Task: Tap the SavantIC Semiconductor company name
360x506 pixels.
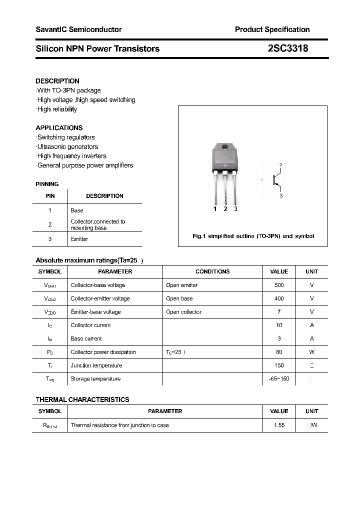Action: pos(78,29)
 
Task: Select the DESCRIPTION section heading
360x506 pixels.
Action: pos(57,81)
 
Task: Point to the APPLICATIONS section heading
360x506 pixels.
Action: pos(59,128)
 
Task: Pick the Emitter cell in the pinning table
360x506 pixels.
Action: pos(79,239)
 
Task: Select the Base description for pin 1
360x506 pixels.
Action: pos(77,210)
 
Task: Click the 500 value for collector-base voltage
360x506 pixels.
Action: pos(279,285)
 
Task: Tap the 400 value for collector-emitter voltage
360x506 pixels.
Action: pos(279,298)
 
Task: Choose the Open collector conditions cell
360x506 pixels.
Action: pos(183,312)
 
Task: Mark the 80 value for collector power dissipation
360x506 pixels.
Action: pos(279,352)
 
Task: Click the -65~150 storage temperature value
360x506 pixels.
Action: pos(279,379)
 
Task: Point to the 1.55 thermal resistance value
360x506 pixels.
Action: pos(279,425)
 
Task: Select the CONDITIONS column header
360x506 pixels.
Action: pos(212,271)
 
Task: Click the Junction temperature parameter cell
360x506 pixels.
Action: pos(96,365)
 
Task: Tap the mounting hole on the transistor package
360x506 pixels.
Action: pos(225,147)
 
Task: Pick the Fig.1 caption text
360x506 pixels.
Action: pos(253,236)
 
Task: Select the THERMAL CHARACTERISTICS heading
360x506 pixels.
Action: pos(82,399)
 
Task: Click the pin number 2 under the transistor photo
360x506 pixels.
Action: pos(225,209)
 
